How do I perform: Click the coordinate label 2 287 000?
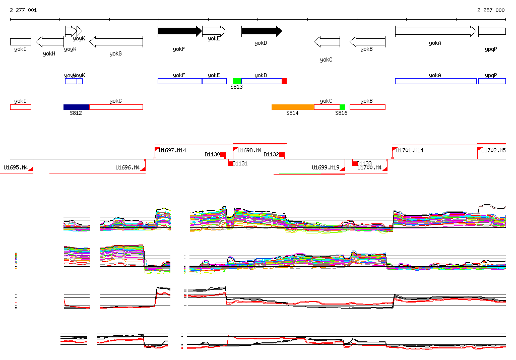point(491,10)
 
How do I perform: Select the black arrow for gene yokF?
point(179,31)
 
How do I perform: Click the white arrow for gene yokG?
point(116,41)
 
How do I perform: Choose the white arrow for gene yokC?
point(327,41)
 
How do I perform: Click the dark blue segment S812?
point(77,107)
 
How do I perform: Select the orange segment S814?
point(293,107)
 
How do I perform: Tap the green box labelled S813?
point(237,81)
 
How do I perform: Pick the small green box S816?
point(342,107)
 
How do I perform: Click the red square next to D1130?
point(223,155)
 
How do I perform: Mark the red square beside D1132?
point(282,155)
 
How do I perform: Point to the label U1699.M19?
point(326,167)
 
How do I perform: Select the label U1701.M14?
point(410,150)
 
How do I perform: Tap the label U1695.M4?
point(16,167)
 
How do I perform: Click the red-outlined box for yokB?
point(367,107)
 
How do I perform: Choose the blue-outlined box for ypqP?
point(492,81)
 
